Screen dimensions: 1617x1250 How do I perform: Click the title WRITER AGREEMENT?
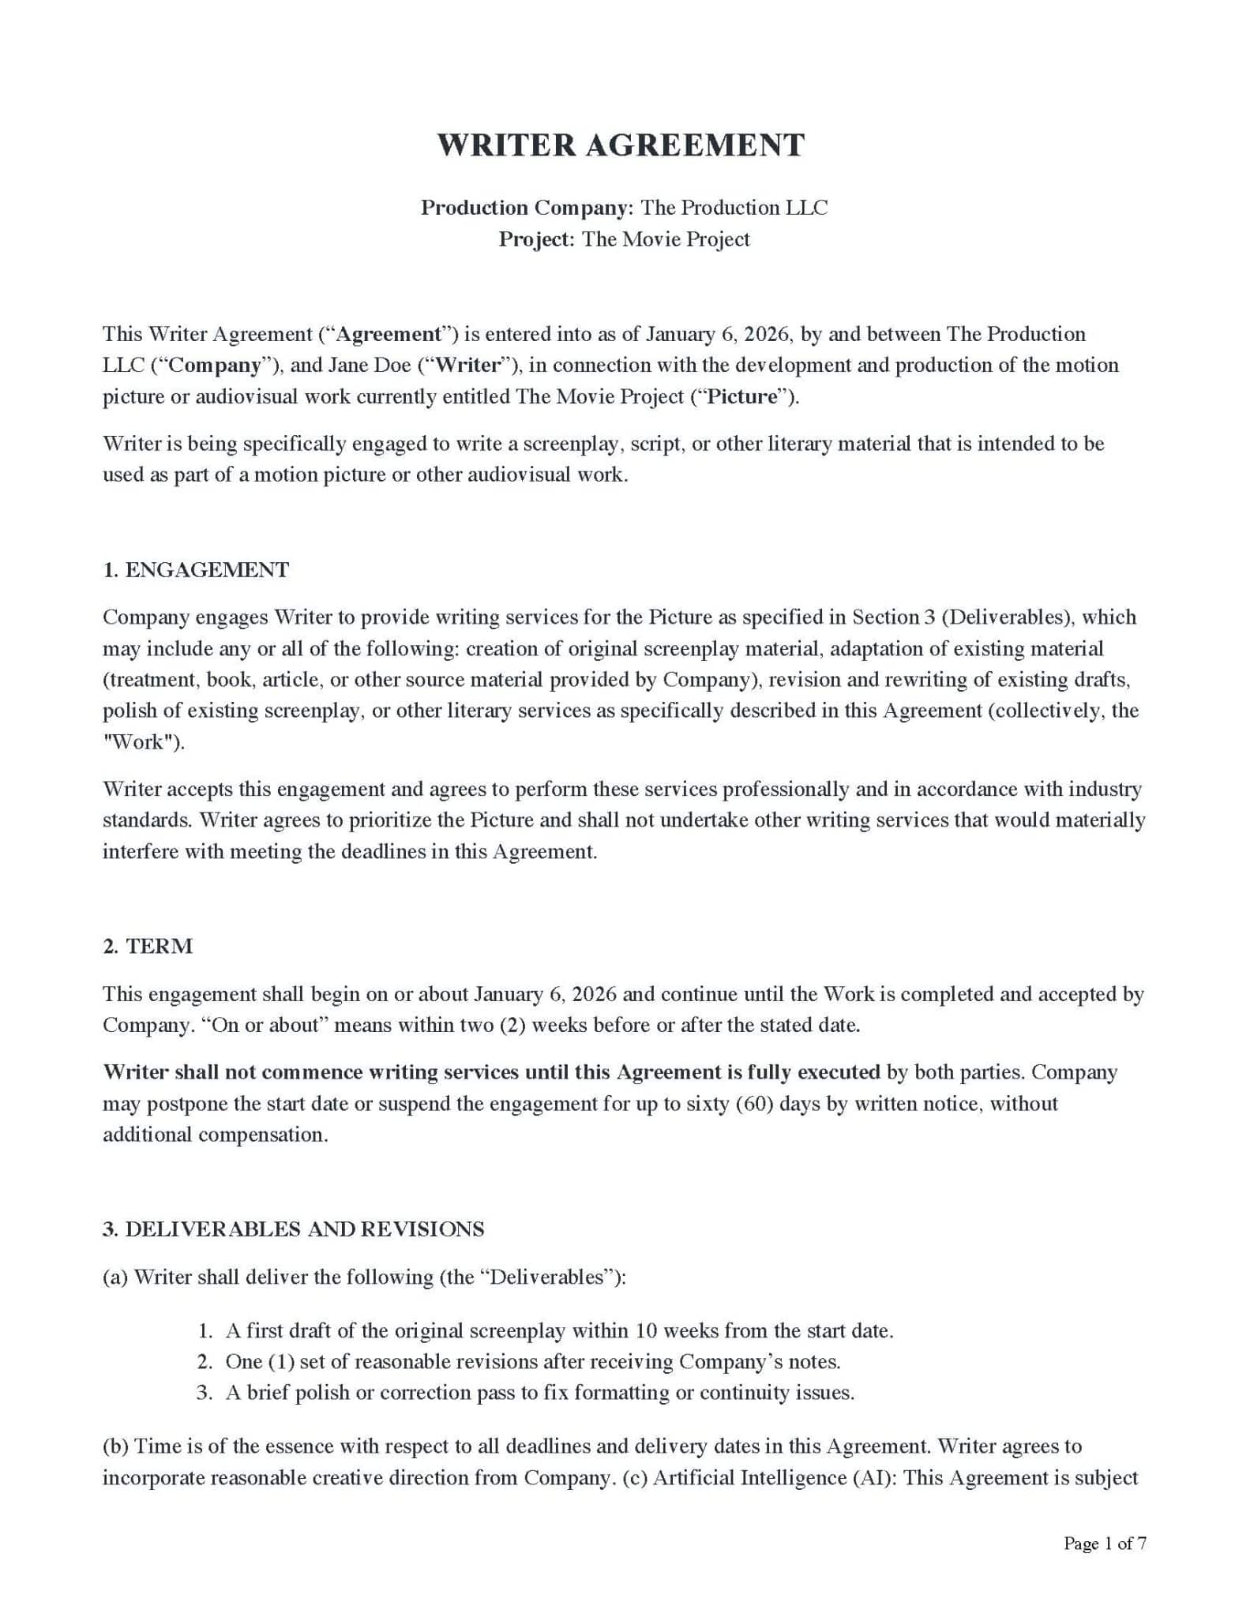point(621,145)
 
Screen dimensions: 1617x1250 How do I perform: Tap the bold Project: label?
point(536,239)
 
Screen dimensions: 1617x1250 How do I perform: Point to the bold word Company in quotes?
point(215,366)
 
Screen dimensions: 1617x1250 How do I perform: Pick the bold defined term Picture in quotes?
point(742,396)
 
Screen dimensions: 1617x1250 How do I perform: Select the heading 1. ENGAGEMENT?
point(196,570)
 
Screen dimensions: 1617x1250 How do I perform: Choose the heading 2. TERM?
point(148,947)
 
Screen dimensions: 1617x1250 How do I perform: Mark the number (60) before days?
point(754,1104)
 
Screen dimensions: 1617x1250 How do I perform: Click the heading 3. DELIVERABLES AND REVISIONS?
point(293,1229)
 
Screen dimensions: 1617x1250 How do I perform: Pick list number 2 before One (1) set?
point(205,1362)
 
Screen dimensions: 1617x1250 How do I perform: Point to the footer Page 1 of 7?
point(1105,1544)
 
